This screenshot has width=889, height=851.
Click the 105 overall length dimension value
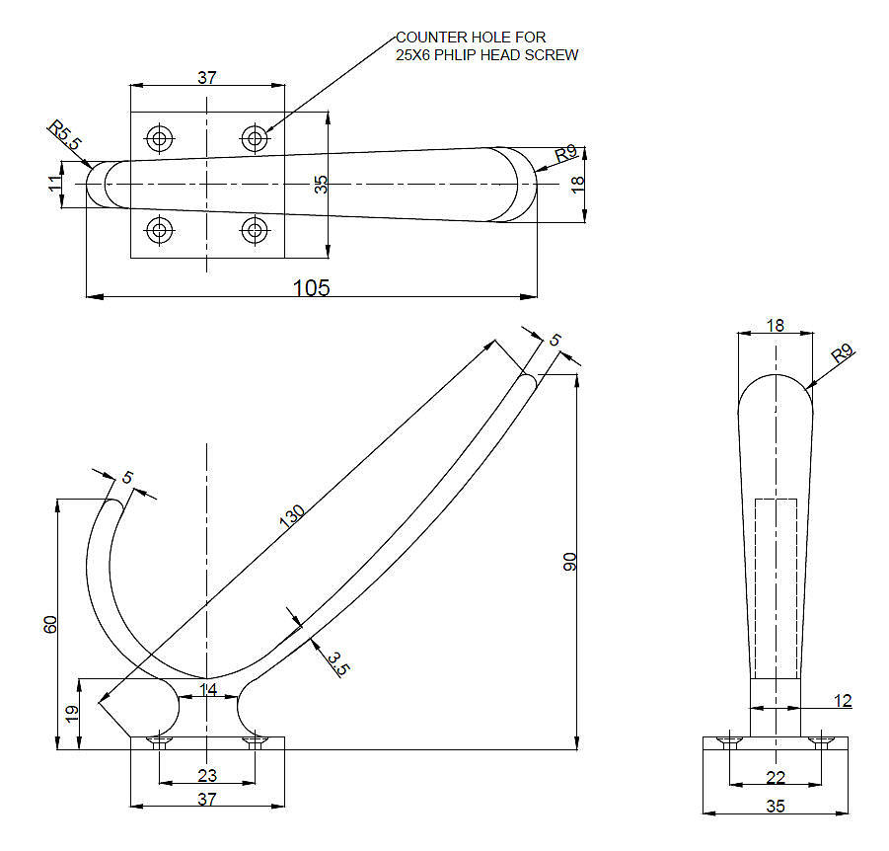[312, 286]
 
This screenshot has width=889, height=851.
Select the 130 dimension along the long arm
[293, 516]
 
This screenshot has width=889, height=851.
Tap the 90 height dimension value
[570, 561]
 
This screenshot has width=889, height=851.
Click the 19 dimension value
[72, 713]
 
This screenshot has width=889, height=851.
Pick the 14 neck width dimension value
[208, 689]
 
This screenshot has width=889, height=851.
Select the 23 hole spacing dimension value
[207, 775]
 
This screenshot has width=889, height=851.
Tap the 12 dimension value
[841, 701]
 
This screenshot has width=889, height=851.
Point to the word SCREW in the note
[556, 55]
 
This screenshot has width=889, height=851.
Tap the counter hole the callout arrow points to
[256, 137]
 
